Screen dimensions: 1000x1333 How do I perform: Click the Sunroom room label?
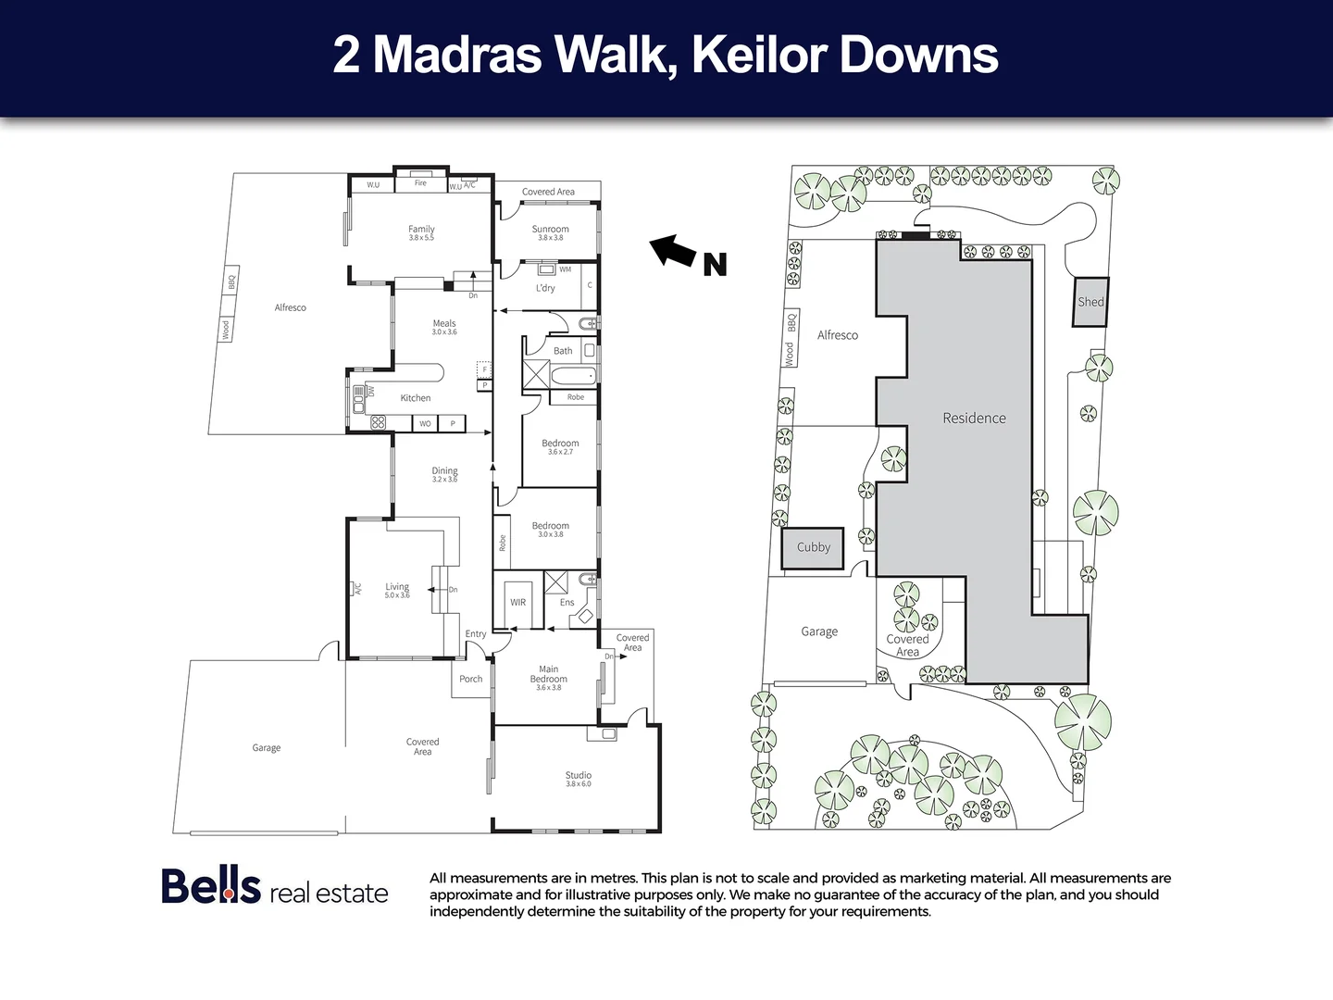(x=550, y=230)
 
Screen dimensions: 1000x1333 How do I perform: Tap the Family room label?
(x=421, y=230)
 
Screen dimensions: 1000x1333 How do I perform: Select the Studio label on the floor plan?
(x=579, y=776)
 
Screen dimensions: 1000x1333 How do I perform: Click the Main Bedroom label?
(x=549, y=674)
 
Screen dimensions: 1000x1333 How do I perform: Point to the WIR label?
(x=518, y=603)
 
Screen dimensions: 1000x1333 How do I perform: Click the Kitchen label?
(x=416, y=398)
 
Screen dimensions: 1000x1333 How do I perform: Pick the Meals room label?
(x=444, y=324)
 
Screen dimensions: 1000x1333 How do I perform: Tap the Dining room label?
(x=444, y=471)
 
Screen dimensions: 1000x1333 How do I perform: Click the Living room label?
(x=397, y=587)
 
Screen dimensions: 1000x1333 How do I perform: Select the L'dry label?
(x=546, y=288)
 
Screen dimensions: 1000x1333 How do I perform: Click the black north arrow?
(x=673, y=250)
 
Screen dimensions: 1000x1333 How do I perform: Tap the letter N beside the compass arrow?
(x=715, y=265)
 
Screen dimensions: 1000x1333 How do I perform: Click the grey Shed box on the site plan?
(x=1090, y=302)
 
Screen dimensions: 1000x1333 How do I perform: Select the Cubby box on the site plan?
(x=814, y=547)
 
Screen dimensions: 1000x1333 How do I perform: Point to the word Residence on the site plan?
(x=974, y=419)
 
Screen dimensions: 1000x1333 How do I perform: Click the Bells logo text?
(x=211, y=886)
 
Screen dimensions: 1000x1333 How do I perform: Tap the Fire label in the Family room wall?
(x=420, y=183)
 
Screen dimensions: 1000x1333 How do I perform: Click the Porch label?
(x=471, y=680)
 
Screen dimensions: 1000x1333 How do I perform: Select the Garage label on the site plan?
(x=819, y=631)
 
